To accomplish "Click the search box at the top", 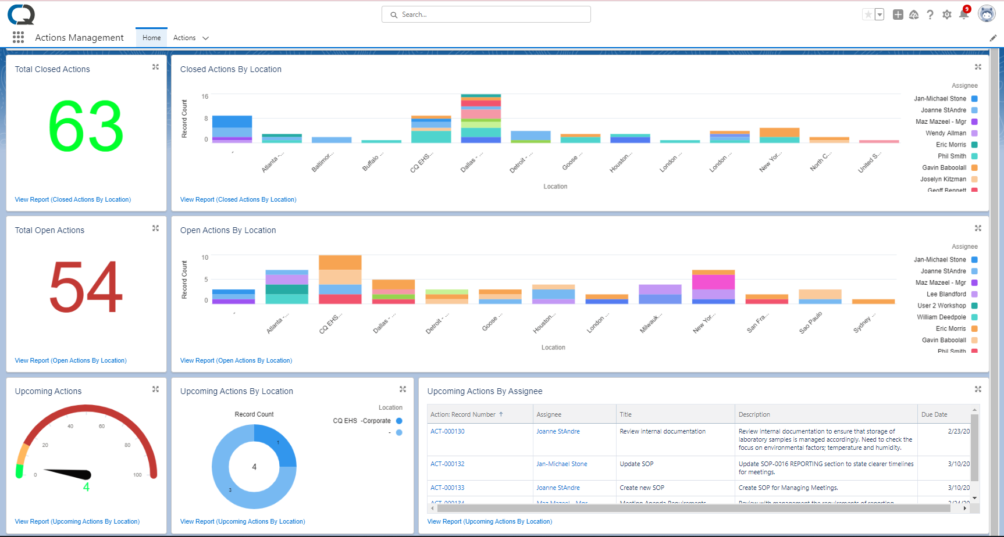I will tap(486, 15).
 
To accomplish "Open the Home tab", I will tap(151, 38).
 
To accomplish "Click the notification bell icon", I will tap(963, 15).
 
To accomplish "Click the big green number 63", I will tap(86, 126).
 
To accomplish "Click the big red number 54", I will tap(86, 287).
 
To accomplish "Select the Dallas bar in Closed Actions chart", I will tap(480, 119).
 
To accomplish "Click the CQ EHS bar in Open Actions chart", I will tap(340, 280).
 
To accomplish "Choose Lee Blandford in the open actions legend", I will tap(946, 294).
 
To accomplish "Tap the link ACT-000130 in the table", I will tap(447, 431).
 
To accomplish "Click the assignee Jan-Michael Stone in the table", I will tap(561, 464).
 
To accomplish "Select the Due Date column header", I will tap(934, 414).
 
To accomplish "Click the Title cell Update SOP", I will tap(636, 464).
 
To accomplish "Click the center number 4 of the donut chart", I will tap(254, 467).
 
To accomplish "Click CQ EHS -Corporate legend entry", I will tap(362, 421).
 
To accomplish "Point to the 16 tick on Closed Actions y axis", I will tap(205, 96).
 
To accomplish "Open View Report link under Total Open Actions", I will tap(70, 360).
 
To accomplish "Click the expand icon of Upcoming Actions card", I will tap(155, 389).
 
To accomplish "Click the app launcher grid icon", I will tap(18, 37).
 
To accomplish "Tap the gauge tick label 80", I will tap(127, 445).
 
